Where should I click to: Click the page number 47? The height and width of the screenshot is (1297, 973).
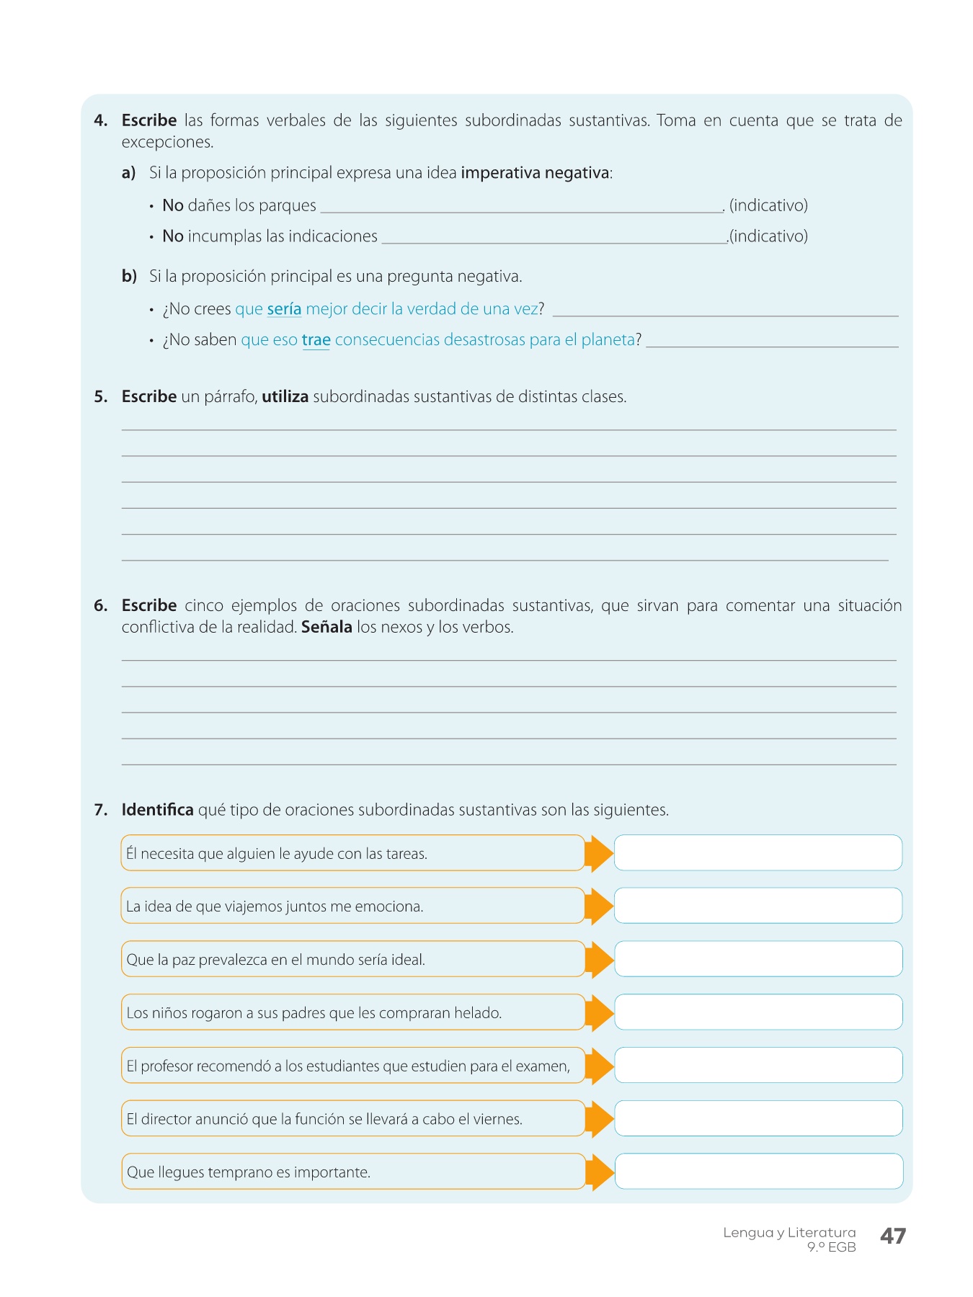[892, 1236]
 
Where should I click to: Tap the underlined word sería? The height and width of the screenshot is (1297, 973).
[284, 309]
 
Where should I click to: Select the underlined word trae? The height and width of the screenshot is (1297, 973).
[316, 340]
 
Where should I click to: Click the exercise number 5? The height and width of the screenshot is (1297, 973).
[100, 397]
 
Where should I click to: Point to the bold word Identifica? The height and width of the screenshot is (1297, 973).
[157, 810]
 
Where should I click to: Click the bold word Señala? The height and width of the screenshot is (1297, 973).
[326, 627]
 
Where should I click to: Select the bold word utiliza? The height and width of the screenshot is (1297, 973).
[285, 397]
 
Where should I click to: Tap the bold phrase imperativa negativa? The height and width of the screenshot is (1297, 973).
[535, 173]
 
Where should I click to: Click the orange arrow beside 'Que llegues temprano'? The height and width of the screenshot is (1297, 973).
[598, 1172]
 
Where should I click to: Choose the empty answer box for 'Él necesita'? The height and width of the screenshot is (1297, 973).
[757, 853]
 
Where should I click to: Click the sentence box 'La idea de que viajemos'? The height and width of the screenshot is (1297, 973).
[352, 906]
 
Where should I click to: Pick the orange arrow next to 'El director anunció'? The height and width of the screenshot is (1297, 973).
[598, 1118]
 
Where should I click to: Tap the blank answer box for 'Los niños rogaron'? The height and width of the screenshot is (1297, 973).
[757, 1012]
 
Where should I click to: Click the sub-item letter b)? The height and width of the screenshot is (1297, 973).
[129, 277]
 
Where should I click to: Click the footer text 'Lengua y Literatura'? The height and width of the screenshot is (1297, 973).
[789, 1233]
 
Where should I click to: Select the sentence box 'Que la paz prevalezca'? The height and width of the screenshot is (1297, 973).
[352, 959]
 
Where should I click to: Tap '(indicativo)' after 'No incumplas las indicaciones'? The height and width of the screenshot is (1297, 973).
[768, 236]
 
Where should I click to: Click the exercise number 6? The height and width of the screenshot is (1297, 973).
[100, 606]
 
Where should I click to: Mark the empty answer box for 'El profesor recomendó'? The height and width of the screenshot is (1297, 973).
[757, 1065]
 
